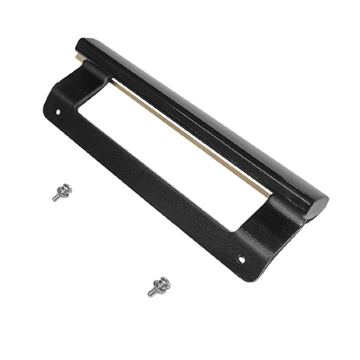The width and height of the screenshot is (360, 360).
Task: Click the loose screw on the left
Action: tap(62, 191)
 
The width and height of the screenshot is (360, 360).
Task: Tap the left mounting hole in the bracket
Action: tap(58, 114)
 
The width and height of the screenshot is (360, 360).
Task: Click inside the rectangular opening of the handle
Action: tap(162, 153)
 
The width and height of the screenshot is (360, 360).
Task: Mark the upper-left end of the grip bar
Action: tap(85, 45)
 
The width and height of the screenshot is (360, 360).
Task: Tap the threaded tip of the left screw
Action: tap(55, 197)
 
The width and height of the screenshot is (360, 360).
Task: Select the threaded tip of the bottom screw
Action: tap(150, 292)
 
